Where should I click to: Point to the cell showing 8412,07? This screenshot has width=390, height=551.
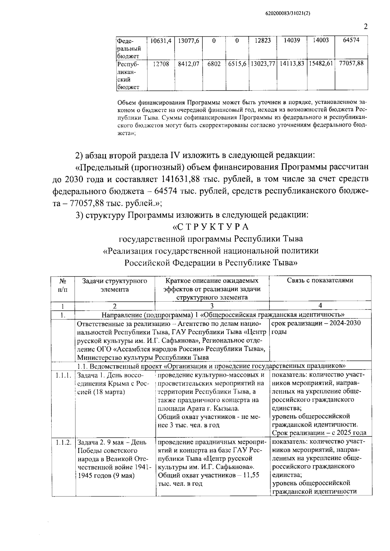pyautogui.click(x=188, y=64)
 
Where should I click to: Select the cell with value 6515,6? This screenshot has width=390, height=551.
pyautogui.click(x=237, y=64)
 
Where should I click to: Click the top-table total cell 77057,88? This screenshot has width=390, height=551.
pyautogui.click(x=351, y=64)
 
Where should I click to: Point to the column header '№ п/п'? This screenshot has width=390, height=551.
pyautogui.click(x=63, y=285)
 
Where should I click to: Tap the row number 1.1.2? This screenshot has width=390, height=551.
pyautogui.click(x=63, y=442)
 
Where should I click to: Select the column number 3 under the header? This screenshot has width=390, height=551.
pyautogui.click(x=212, y=306)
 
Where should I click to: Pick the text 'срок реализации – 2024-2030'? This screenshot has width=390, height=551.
pyautogui.click(x=316, y=324)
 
